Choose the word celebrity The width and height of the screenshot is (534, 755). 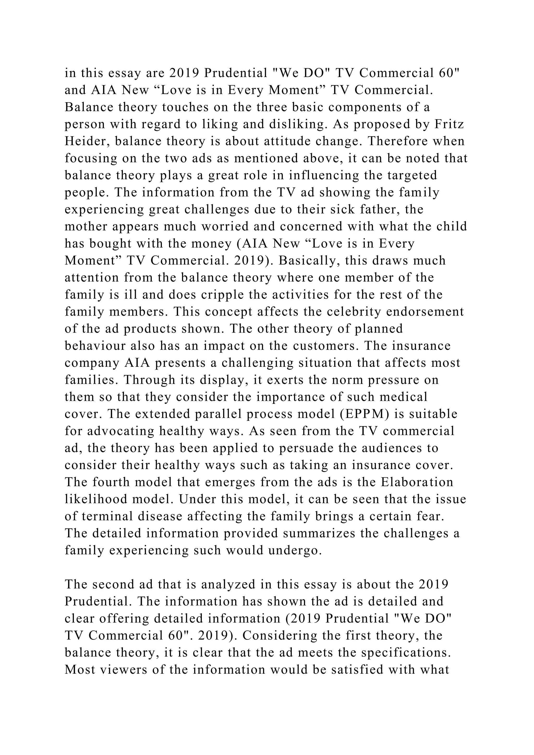click(354, 312)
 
